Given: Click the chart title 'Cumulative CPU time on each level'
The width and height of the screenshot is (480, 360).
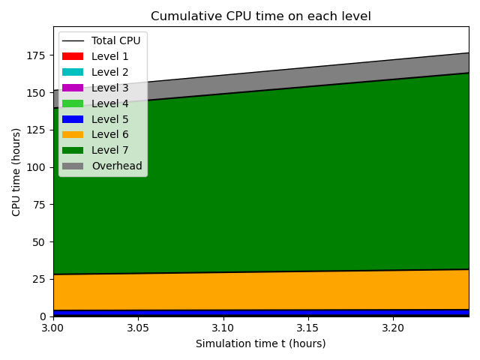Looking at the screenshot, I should [x=260, y=16].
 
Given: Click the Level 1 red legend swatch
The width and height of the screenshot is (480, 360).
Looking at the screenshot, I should [x=73, y=56].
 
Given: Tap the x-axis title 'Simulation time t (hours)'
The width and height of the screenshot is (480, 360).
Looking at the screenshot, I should [x=260, y=343].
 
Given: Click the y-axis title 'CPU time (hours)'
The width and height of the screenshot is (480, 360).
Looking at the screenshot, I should [x=16, y=172].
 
